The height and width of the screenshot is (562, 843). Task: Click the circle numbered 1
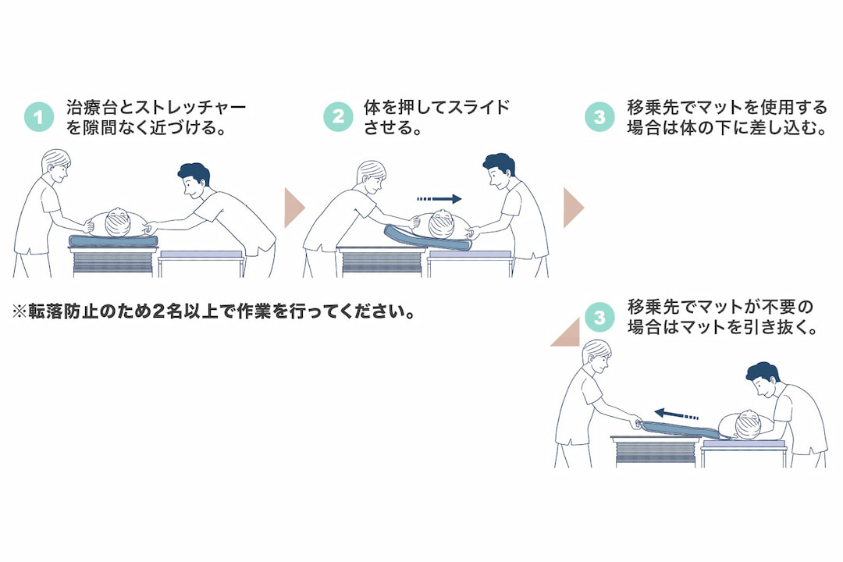pos(38,118)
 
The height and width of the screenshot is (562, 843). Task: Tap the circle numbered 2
pos(338,117)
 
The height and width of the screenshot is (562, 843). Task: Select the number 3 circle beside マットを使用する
pos(599,117)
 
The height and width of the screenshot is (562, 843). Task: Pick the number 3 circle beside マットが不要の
pos(599,318)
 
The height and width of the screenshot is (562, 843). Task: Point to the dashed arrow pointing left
pos(676,414)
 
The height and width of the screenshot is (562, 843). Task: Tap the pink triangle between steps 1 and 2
pos(293,208)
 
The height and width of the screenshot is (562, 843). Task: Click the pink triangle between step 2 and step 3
pos(573,208)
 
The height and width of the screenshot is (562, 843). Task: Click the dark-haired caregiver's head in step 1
pos(192,179)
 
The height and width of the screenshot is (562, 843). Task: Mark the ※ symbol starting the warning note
pos(20,311)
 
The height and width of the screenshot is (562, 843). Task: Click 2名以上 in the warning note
pos(182,311)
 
